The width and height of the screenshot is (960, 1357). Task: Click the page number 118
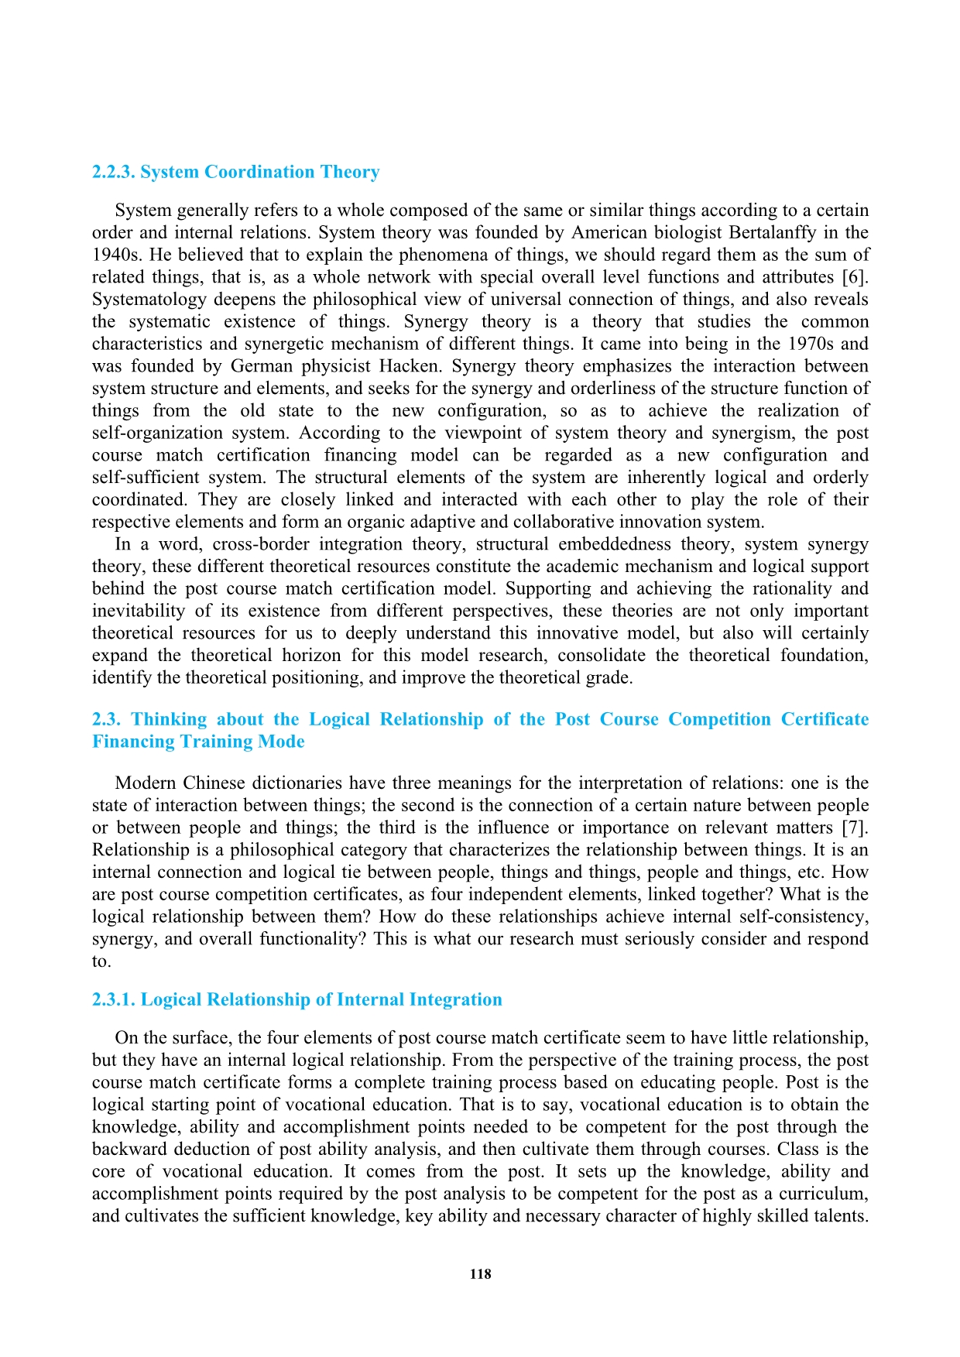coord(480,1274)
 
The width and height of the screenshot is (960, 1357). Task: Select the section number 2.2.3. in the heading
coord(114,172)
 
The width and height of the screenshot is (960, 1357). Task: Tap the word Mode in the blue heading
coord(283,742)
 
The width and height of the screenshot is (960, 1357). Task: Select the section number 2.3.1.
coord(114,999)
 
